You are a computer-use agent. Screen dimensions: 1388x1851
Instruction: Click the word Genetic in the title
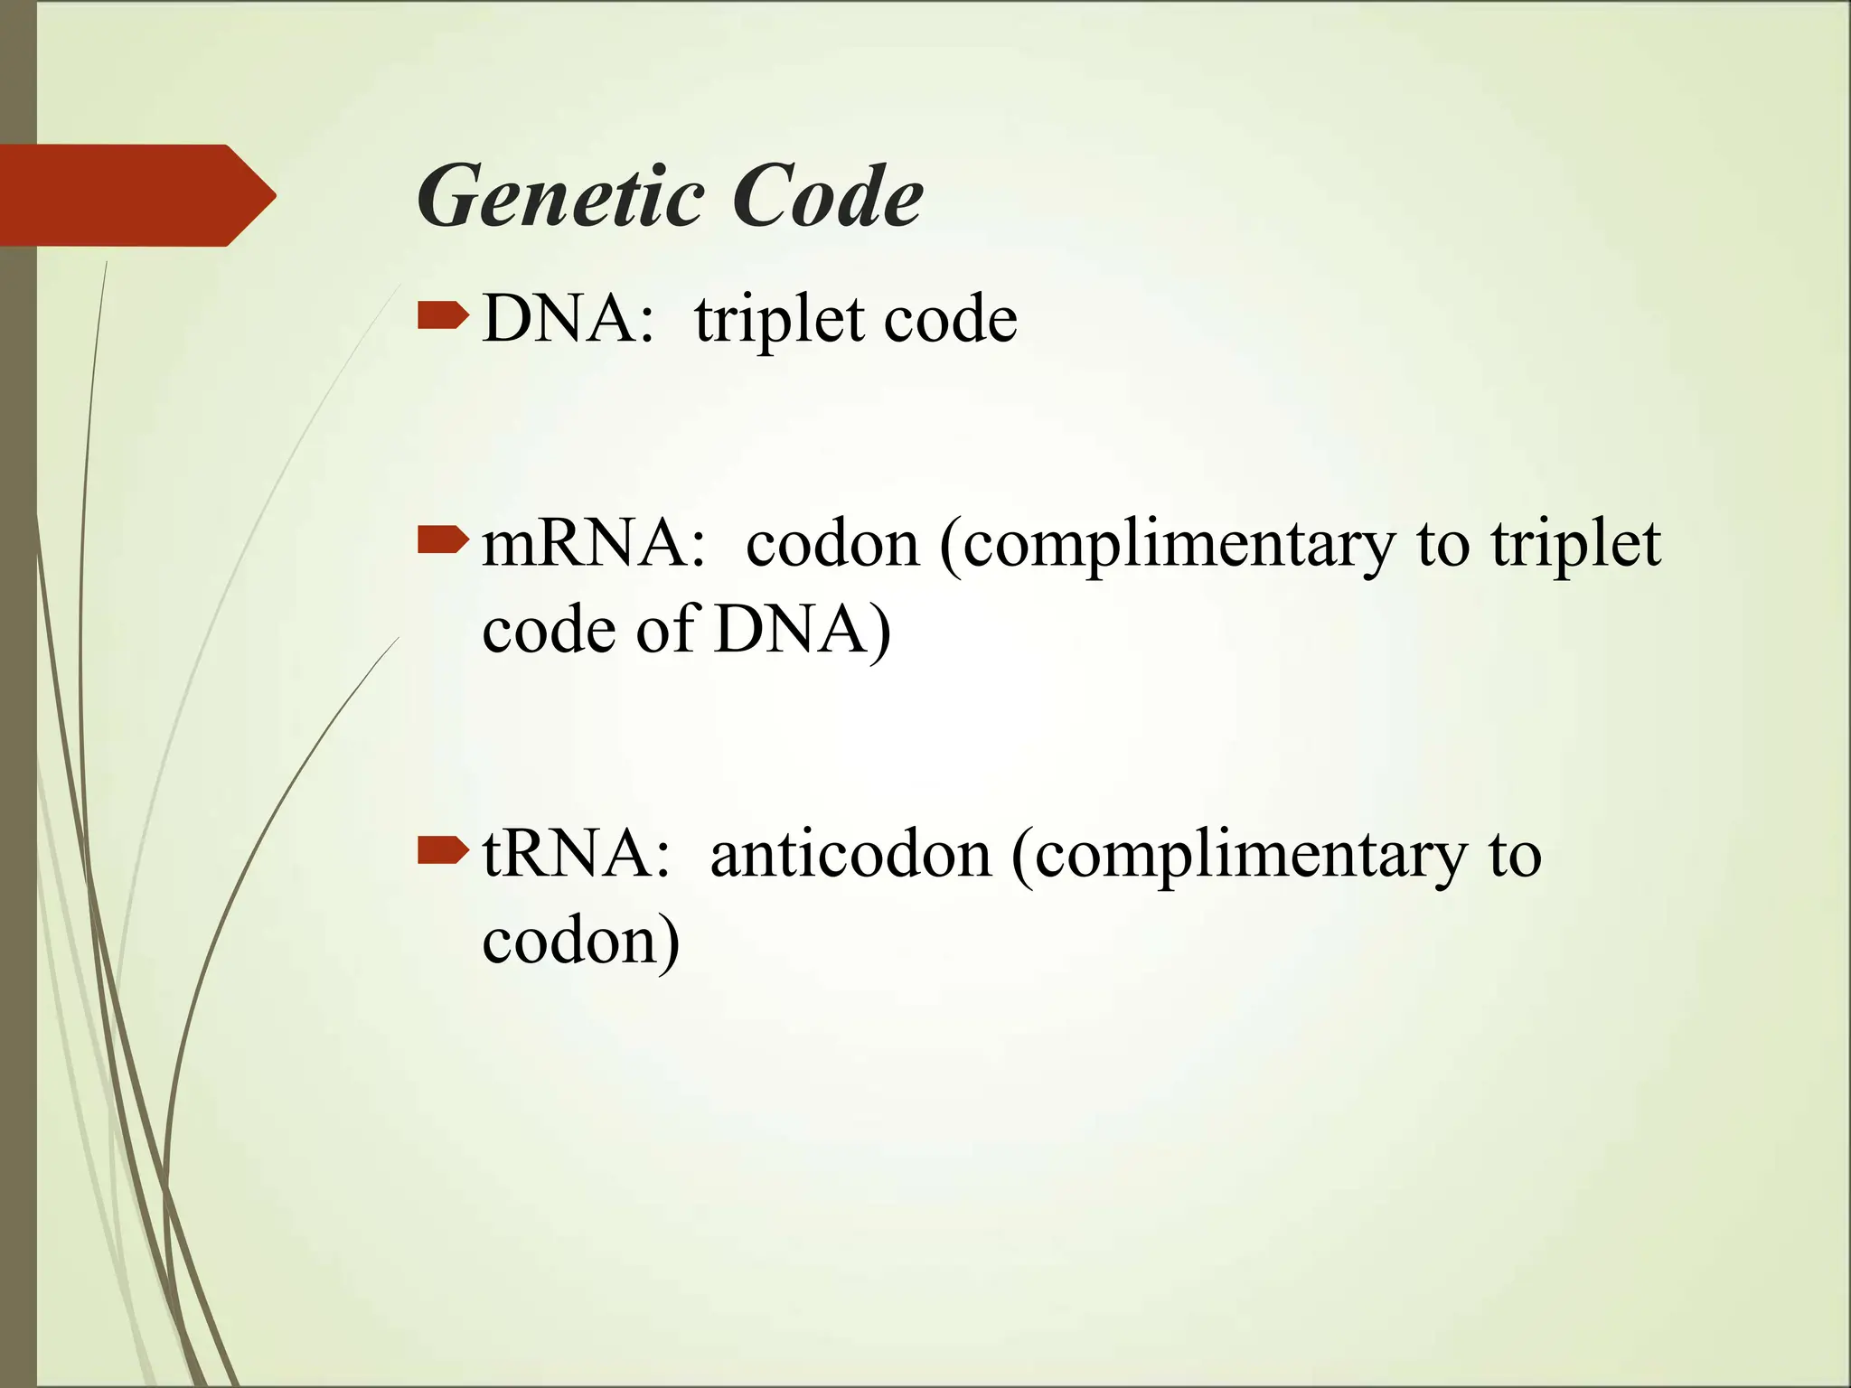pyautogui.click(x=560, y=197)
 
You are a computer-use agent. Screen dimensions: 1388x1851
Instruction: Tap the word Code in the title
pyautogui.click(x=828, y=197)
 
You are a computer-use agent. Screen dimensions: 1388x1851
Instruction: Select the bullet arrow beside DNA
pyautogui.click(x=443, y=316)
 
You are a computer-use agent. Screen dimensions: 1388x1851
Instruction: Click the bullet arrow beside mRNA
pyautogui.click(x=443, y=540)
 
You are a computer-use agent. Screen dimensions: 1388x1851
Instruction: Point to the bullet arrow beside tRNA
pyautogui.click(x=443, y=850)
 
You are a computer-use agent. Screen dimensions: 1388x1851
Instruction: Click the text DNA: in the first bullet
pyautogui.click(x=568, y=320)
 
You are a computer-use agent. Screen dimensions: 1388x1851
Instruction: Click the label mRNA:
pyautogui.click(x=593, y=545)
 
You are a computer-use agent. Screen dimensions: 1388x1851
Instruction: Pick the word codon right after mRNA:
pyautogui.click(x=832, y=545)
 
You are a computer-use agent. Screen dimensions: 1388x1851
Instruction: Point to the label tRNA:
pyautogui.click(x=577, y=855)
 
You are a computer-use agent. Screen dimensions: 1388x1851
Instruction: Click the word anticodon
pyautogui.click(x=850, y=855)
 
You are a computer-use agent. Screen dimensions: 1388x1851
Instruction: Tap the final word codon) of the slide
pyautogui.click(x=581, y=943)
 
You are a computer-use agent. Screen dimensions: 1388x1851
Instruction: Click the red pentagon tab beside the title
pyautogui.click(x=136, y=195)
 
